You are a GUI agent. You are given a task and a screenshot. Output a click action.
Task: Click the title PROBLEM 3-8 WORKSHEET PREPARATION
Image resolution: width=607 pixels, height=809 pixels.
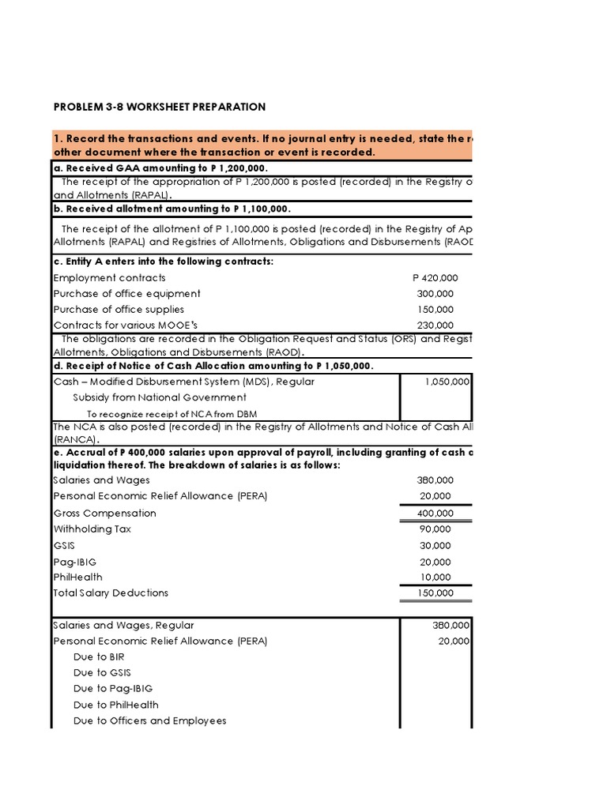[160, 107]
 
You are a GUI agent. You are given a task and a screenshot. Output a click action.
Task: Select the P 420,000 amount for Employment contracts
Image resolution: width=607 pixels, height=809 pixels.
[435, 278]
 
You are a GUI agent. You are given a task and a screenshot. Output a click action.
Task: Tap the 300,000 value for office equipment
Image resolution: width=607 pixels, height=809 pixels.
[437, 294]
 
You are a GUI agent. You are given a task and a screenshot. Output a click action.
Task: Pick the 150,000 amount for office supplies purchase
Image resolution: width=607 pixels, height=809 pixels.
[437, 310]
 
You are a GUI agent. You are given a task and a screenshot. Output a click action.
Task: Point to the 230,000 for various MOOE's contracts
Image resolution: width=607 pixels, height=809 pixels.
[437, 325]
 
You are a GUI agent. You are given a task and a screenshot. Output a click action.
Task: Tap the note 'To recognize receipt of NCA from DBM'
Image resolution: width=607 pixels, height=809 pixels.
[171, 414]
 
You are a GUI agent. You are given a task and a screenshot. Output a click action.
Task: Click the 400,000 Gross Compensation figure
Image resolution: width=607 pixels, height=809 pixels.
[435, 514]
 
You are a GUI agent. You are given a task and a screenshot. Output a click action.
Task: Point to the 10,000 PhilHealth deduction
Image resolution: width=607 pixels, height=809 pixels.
[437, 578]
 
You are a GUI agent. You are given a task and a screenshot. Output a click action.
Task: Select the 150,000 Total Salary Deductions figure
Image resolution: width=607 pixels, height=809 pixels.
[435, 593]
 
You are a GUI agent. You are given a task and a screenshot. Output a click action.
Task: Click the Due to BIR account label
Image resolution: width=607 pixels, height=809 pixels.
[99, 657]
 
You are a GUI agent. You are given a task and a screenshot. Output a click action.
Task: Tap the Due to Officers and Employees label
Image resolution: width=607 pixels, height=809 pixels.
[149, 721]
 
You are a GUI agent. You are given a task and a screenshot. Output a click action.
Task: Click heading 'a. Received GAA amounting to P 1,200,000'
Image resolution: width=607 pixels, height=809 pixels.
[161, 168]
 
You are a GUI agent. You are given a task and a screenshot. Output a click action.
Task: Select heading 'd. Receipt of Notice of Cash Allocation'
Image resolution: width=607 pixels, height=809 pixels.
[213, 365]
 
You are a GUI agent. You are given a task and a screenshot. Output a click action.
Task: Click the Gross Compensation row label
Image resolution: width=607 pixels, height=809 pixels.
[104, 514]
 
